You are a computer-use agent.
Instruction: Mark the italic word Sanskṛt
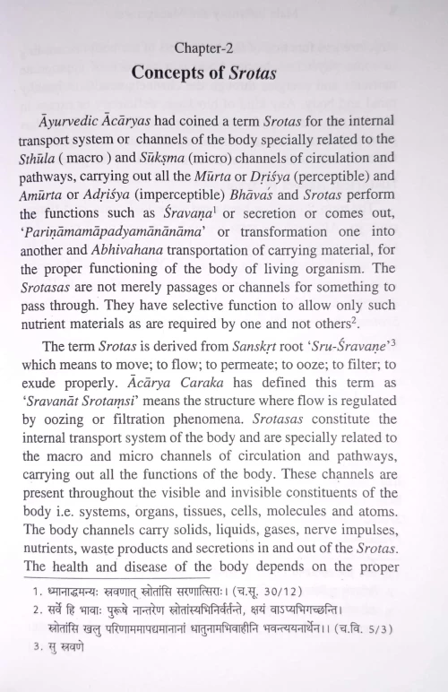(242, 379)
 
